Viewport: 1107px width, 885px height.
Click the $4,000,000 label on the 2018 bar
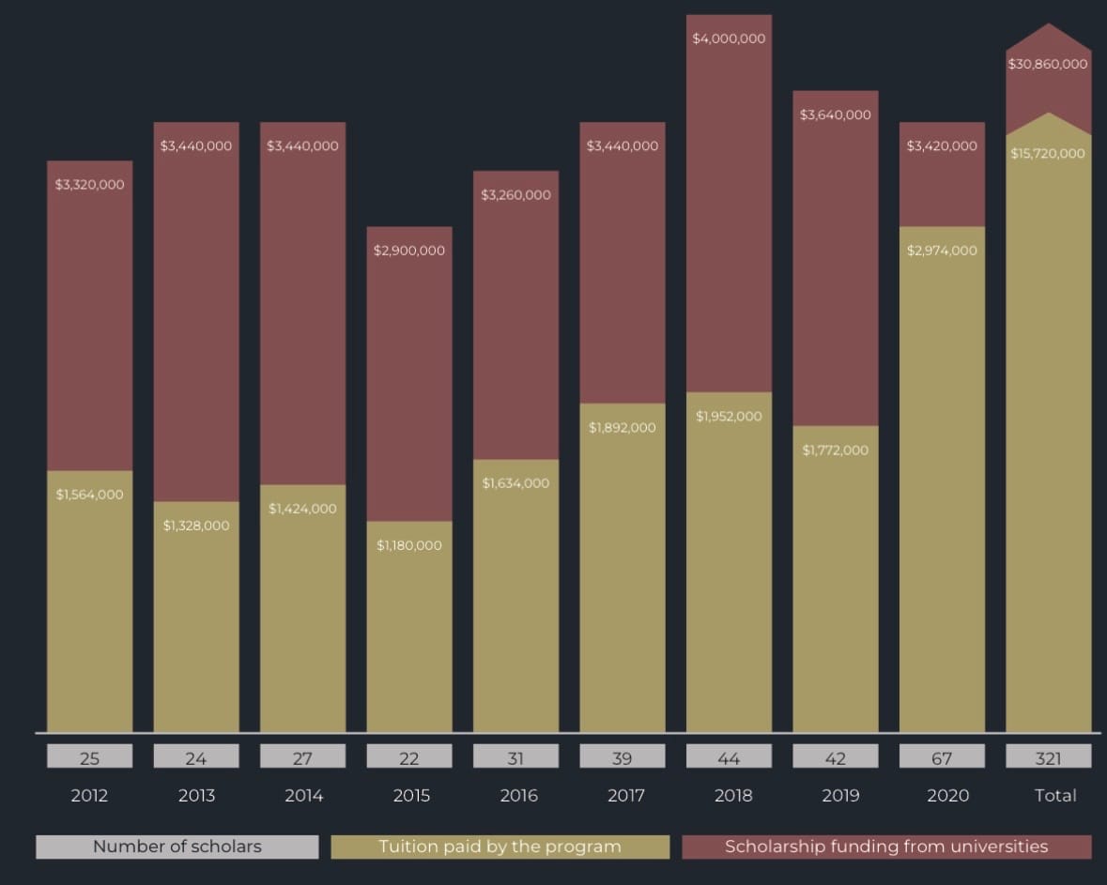[729, 39]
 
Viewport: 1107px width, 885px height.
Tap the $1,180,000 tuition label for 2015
[409, 545]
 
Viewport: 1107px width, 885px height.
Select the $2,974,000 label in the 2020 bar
[942, 251]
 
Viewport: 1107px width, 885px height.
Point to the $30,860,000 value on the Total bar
[1048, 65]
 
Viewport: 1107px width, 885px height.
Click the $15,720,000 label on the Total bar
[1048, 153]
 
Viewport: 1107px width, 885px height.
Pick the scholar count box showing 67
[942, 757]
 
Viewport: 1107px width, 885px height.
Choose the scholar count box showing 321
[1048, 757]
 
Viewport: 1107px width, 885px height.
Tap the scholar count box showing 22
[409, 757]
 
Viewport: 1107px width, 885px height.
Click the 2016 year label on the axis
[518, 796]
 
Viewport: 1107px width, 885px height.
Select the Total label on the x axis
[1054, 796]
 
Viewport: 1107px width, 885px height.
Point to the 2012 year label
[89, 796]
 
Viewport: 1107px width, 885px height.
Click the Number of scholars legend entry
[177, 847]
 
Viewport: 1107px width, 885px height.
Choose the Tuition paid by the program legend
[500, 847]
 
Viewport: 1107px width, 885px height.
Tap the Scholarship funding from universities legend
[886, 847]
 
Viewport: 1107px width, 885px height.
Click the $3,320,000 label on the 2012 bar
[89, 185]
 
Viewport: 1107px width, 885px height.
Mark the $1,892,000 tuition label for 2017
[623, 428]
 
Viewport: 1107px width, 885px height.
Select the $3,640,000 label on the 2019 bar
[836, 115]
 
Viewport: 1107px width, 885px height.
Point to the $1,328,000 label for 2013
[196, 526]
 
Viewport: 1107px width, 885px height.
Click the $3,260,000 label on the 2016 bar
[515, 195]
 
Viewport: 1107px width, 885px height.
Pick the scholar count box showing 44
[729, 757]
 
